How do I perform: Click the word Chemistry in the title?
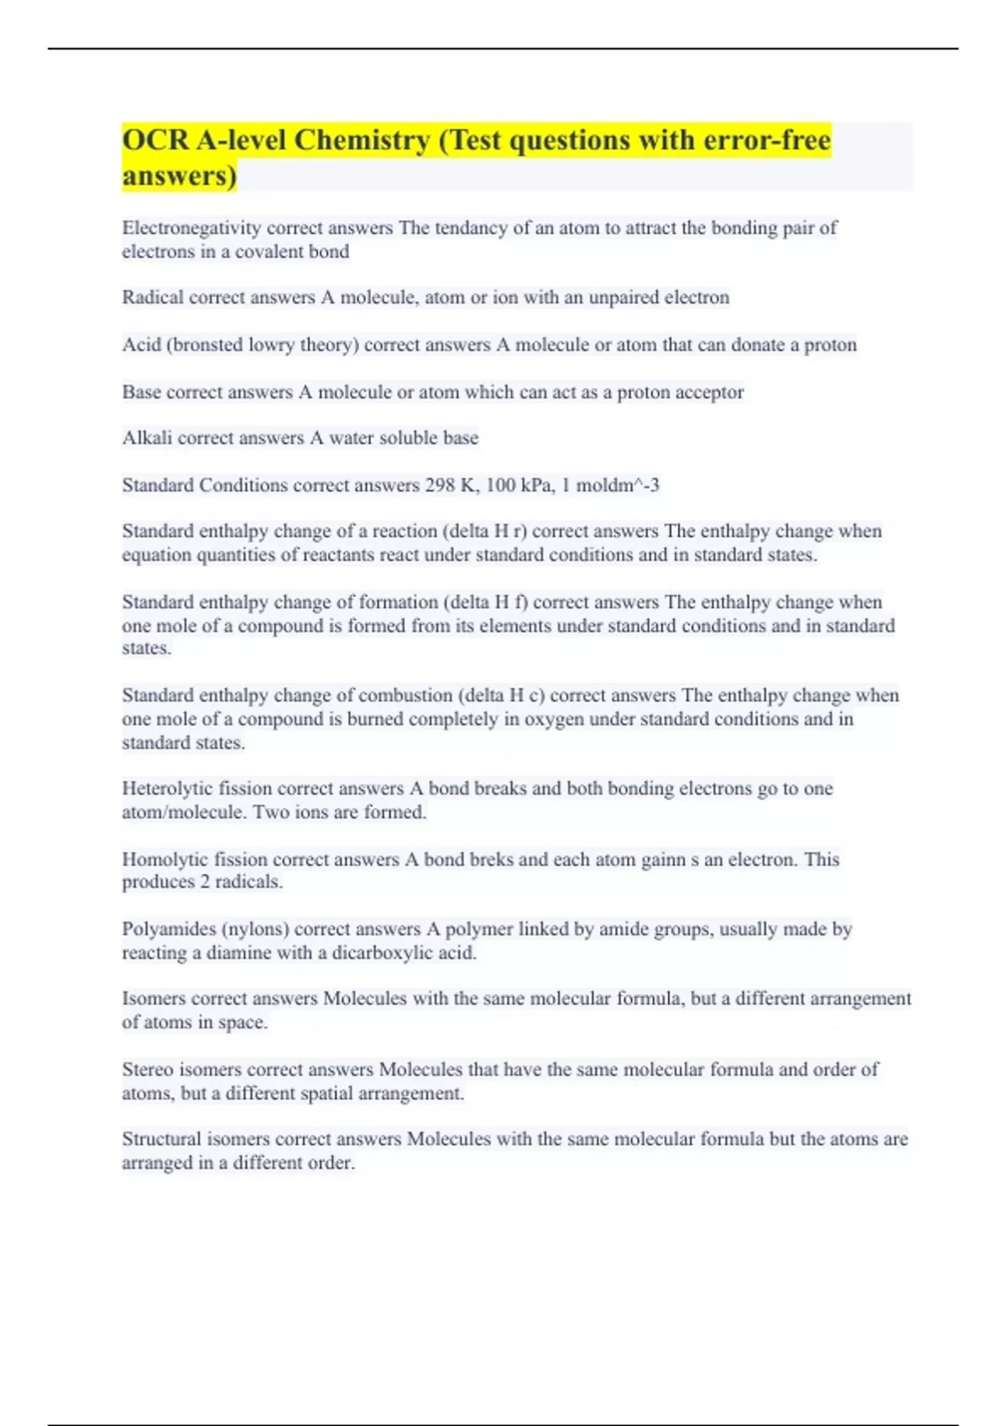point(361,140)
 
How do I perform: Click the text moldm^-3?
point(618,485)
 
